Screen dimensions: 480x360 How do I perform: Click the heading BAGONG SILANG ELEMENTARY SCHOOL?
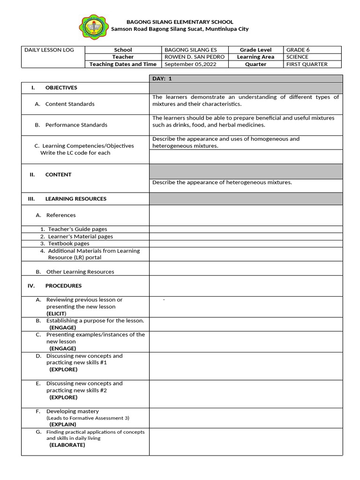coord(180,22)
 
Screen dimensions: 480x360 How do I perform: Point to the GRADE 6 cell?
coord(298,50)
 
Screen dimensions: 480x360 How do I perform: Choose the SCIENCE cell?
coord(298,57)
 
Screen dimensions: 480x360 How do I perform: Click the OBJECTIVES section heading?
coord(61,88)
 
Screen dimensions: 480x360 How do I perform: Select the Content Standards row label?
coord(69,104)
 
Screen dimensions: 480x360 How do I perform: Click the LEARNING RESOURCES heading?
coord(75,199)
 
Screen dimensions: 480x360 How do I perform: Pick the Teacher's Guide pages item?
coord(77,229)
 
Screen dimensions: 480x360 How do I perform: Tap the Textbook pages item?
coord(68,244)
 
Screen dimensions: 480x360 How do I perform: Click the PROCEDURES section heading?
coord(63,285)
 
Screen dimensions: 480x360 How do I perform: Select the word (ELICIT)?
coord(56,313)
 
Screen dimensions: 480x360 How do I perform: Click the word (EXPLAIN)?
coord(63,424)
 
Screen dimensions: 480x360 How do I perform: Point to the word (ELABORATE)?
coord(67,445)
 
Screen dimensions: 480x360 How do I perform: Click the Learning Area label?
coord(255,57)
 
